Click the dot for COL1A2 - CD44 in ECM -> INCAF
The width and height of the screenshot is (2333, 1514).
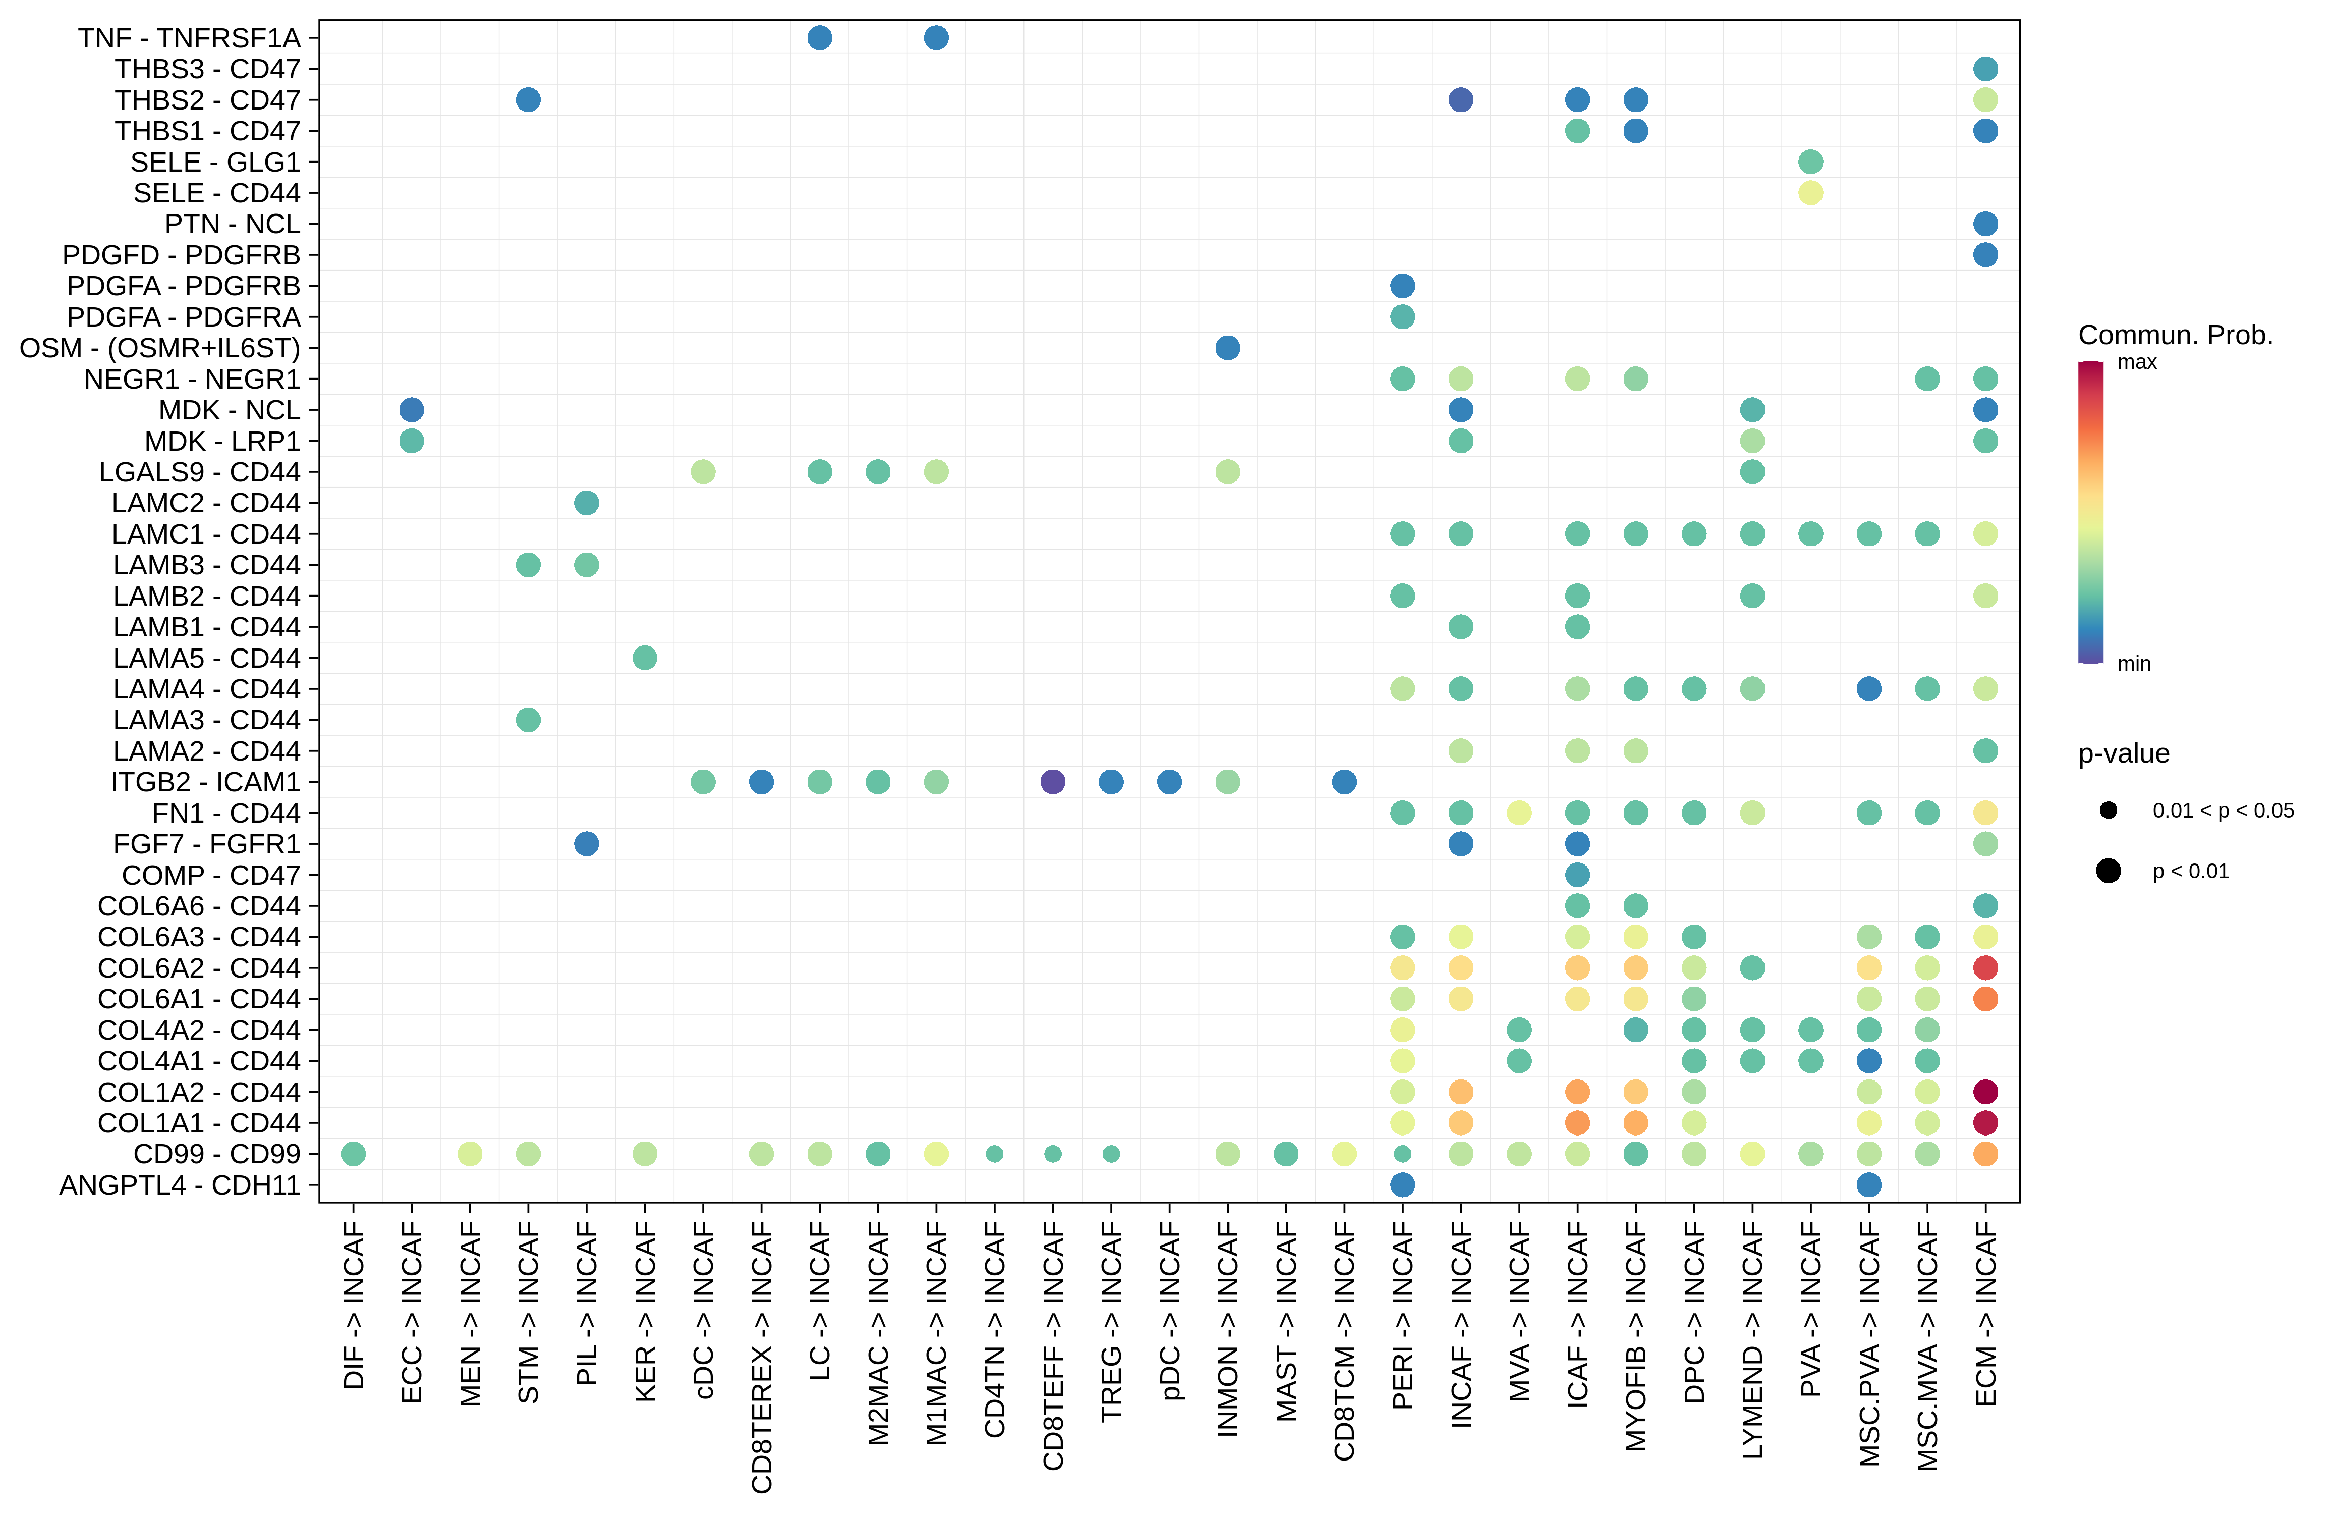[x=1985, y=1092]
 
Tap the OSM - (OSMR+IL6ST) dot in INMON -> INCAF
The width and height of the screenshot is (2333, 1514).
[x=1227, y=348]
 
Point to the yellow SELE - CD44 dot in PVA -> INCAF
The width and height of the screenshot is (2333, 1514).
[x=1810, y=193]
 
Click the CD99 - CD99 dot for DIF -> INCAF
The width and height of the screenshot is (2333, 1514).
[x=354, y=1154]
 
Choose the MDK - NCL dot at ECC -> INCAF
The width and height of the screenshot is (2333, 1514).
[x=412, y=410]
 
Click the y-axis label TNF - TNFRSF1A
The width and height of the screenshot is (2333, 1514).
[x=189, y=38]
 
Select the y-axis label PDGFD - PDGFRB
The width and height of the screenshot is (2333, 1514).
[x=182, y=255]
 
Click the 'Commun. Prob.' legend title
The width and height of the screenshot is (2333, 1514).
[x=2175, y=336]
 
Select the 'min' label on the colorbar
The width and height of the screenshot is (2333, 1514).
[x=2134, y=664]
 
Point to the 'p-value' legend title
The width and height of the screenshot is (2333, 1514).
[x=2123, y=754]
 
